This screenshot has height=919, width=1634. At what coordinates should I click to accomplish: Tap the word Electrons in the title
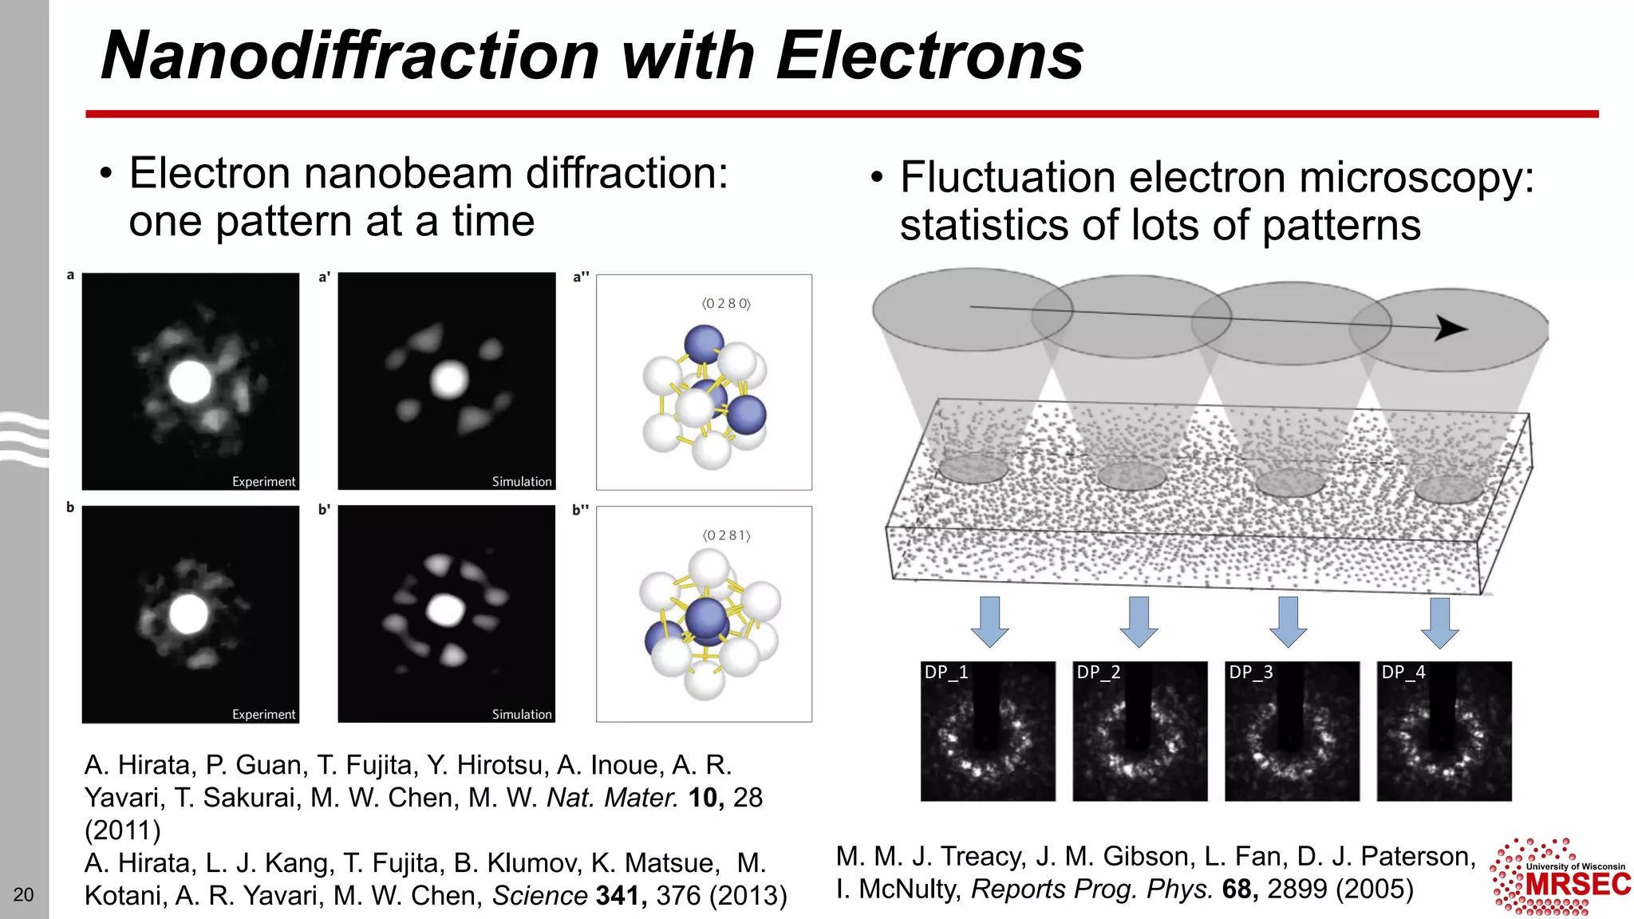[929, 56]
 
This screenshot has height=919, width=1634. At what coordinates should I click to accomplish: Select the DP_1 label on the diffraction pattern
[945, 672]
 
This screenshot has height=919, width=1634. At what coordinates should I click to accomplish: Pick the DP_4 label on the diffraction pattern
[1403, 672]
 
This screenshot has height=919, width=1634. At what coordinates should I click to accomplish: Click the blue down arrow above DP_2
[1139, 621]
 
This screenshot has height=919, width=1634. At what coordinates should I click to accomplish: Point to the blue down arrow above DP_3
[1288, 621]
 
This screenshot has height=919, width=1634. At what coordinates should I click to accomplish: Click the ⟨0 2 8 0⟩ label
[726, 303]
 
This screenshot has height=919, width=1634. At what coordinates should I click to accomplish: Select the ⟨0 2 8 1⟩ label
[726, 535]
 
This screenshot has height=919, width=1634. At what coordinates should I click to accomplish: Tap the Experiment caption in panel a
[263, 482]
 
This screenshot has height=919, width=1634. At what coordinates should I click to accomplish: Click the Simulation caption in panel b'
[522, 715]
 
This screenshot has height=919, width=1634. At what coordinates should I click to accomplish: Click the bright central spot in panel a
[191, 381]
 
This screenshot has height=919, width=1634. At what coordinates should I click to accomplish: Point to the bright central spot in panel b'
[445, 610]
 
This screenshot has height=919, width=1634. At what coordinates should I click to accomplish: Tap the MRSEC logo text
[1578, 885]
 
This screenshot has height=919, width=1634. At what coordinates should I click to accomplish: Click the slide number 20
[24, 894]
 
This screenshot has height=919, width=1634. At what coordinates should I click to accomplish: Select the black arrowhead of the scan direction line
[1450, 328]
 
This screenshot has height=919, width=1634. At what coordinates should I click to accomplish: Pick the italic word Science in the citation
[539, 896]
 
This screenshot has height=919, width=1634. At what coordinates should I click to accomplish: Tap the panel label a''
[581, 277]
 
